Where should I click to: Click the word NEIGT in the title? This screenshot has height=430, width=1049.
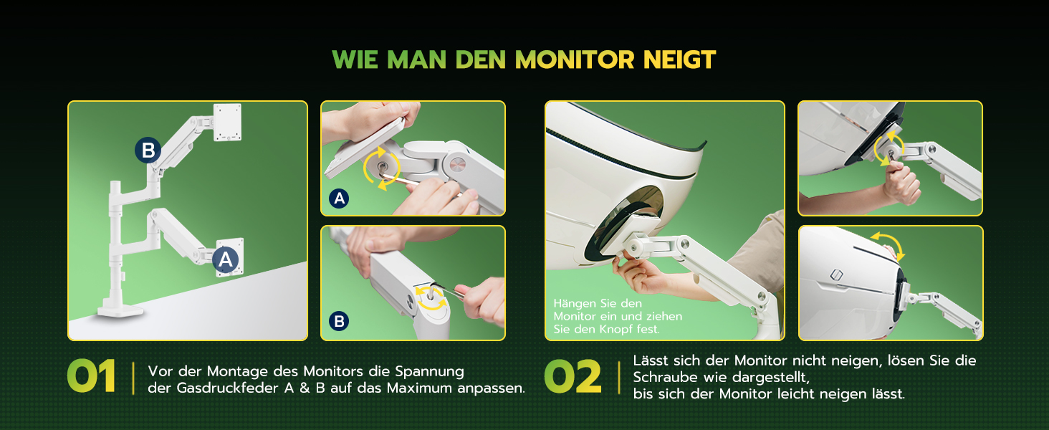tap(679, 60)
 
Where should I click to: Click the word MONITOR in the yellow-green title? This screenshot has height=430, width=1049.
tap(575, 60)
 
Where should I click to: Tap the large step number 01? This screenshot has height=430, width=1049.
tap(91, 376)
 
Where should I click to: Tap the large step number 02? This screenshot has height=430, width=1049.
tap(573, 376)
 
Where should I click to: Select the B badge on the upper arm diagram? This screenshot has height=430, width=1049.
tap(148, 150)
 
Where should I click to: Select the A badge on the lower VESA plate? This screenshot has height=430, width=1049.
tap(226, 259)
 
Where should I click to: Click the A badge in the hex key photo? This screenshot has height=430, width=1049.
tap(339, 199)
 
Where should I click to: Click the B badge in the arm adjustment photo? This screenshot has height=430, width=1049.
tap(339, 321)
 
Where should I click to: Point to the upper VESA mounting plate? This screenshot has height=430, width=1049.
tap(228, 122)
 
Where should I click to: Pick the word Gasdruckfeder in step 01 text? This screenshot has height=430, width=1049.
tap(227, 388)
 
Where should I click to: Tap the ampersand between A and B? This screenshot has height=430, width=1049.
tap(305, 388)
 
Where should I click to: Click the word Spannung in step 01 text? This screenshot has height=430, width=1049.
tap(429, 371)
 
